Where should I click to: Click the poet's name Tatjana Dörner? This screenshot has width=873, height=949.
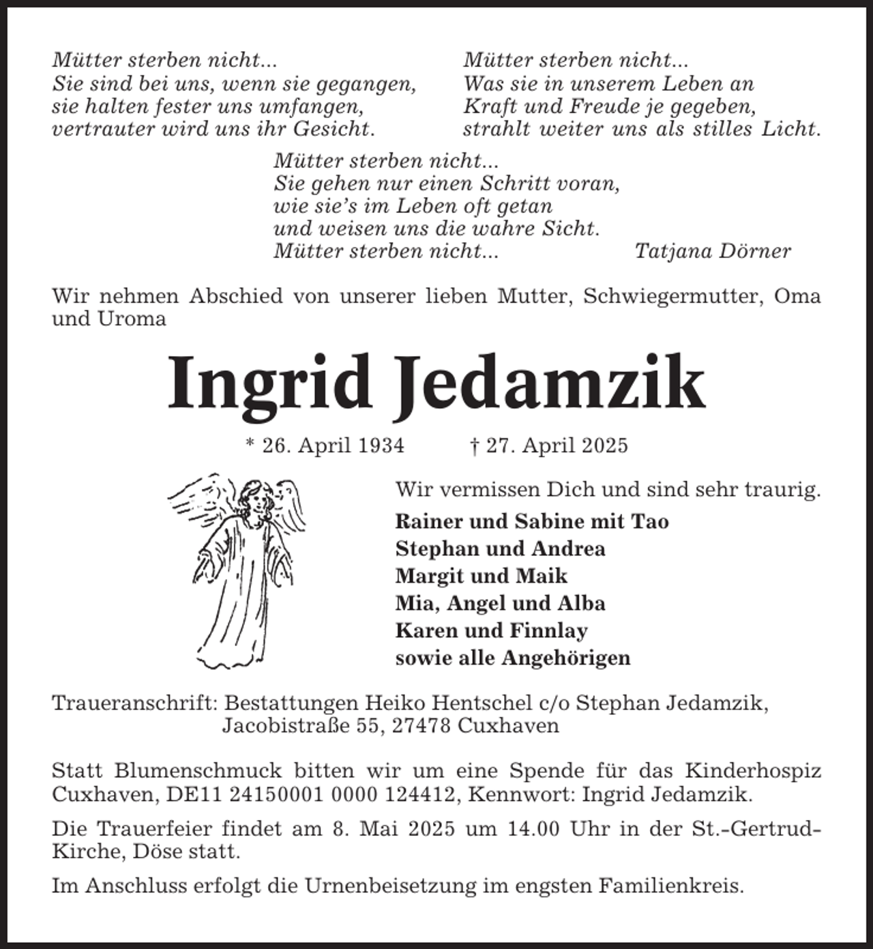712,251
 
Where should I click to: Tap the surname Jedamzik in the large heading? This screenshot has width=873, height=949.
550,384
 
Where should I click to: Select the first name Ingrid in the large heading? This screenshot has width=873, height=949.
269,384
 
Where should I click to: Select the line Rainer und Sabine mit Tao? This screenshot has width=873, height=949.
532,521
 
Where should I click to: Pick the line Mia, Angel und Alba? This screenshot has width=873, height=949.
500,603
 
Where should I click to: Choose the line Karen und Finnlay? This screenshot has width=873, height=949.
491,630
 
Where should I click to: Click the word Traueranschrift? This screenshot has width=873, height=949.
134,703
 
